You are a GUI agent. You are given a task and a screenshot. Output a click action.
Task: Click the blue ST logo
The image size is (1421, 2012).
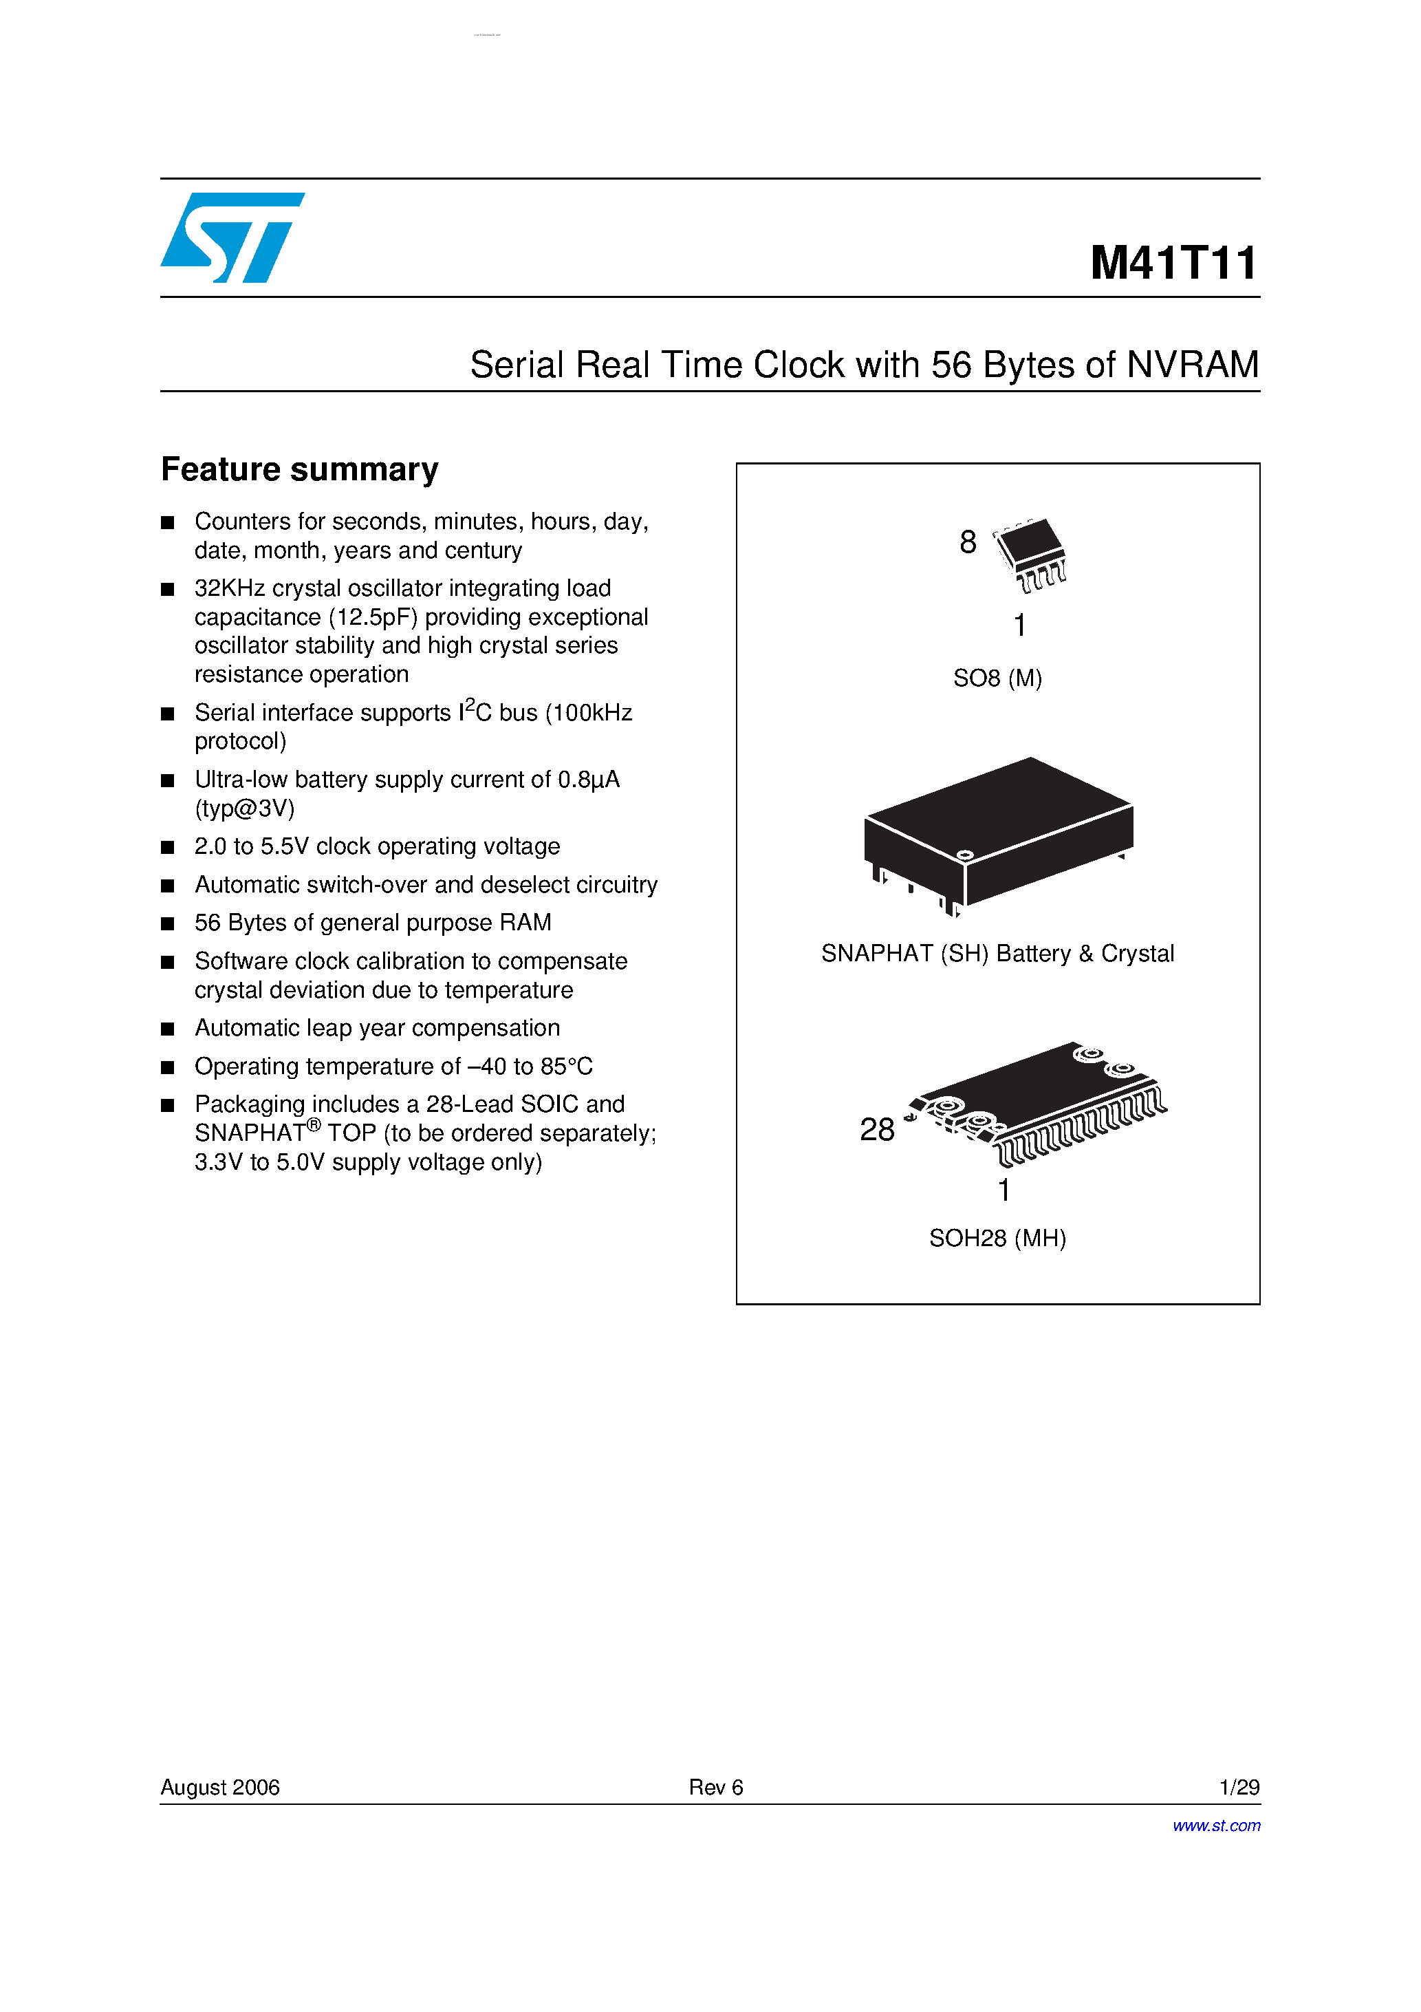pos(231,237)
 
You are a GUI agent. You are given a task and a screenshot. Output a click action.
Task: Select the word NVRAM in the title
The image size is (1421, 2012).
pos(1193,365)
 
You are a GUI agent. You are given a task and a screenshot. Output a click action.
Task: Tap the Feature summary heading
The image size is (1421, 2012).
pos(300,470)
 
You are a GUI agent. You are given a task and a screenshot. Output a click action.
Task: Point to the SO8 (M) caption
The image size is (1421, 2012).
pos(997,678)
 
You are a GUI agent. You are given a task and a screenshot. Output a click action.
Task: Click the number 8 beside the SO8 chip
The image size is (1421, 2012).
pos(967,542)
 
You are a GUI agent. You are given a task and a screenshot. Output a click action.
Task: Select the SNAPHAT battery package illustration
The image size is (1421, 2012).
pos(999,833)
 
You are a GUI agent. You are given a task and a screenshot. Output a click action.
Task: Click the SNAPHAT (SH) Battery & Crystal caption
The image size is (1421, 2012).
pos(997,954)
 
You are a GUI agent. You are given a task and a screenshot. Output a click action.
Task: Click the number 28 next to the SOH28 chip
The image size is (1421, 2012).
pos(877,1130)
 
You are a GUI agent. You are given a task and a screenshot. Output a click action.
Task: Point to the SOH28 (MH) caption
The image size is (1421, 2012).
pos(997,1238)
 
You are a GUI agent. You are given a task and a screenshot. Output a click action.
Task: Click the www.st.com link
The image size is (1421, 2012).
pos(1216,1826)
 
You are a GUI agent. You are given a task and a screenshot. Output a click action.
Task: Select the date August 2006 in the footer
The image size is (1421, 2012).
pos(220,1787)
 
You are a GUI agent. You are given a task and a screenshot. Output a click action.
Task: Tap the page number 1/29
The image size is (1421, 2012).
pos(1239,1787)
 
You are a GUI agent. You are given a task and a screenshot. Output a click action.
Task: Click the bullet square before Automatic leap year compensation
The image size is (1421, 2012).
pos(167,1029)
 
